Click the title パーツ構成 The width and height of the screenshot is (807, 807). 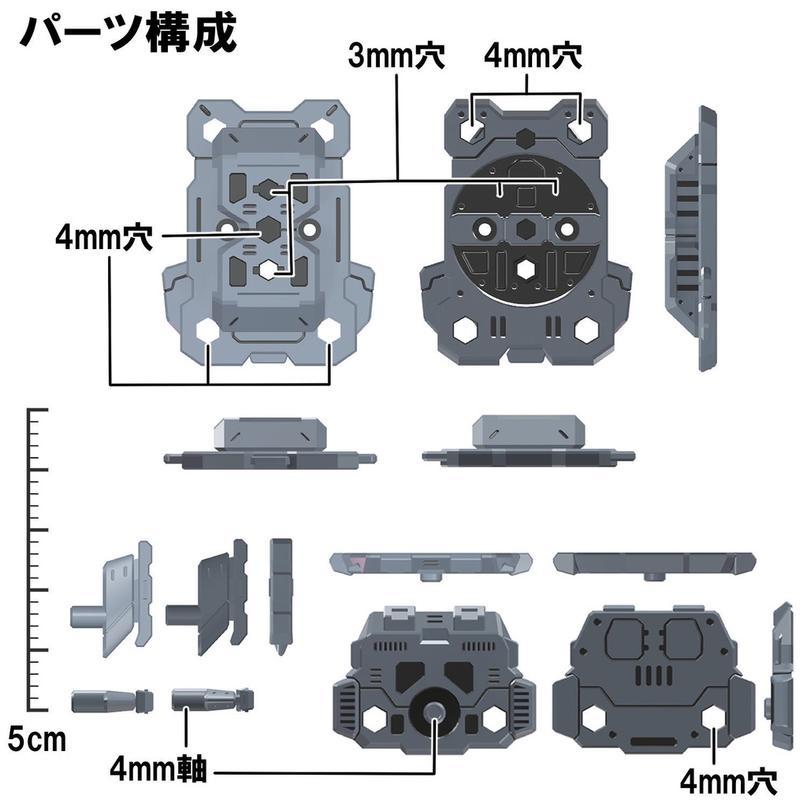click(x=126, y=33)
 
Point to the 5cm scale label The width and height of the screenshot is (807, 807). click(x=37, y=739)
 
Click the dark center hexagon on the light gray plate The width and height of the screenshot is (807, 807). click(x=269, y=229)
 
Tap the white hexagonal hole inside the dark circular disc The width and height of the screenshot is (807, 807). click(x=525, y=270)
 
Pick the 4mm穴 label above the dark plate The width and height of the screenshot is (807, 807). click(x=532, y=57)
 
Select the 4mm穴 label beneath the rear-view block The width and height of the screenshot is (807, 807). click(x=727, y=782)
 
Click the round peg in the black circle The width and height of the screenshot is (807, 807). click(x=434, y=712)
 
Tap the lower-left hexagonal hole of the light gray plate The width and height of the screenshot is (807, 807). click(x=207, y=331)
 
